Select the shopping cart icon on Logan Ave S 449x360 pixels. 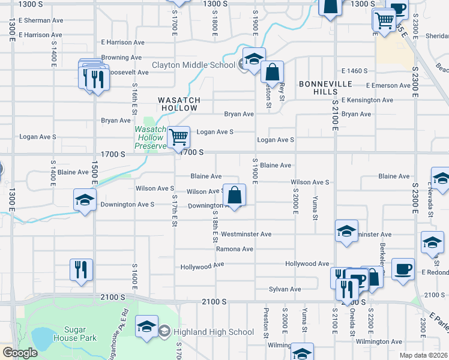click(178, 137)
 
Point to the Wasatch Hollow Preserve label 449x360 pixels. click(150, 137)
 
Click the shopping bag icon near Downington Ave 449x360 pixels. click(235, 196)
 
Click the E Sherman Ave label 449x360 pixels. click(41, 20)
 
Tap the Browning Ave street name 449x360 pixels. click(121, 58)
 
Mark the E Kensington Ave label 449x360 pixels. click(367, 100)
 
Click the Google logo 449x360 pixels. click(20, 353)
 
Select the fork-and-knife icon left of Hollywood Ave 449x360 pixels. click(80, 270)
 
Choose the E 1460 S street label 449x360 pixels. click(354, 71)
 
